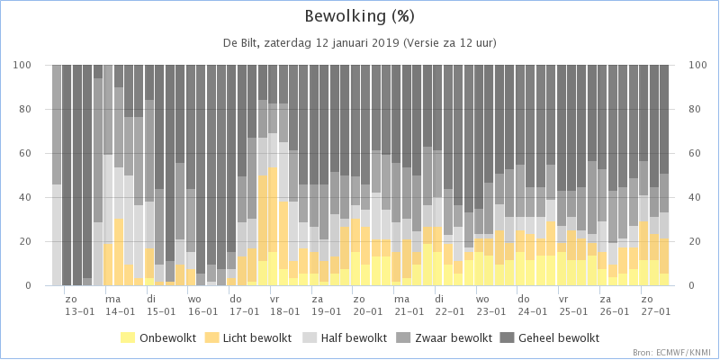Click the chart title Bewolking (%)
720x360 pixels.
[360, 16]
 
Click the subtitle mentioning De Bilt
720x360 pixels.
[360, 42]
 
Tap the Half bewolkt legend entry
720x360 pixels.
[345, 337]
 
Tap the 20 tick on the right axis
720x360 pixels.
[693, 241]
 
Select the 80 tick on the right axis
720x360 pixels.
[693, 109]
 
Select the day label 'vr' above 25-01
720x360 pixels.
[564, 298]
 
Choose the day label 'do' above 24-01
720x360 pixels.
[523, 298]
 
